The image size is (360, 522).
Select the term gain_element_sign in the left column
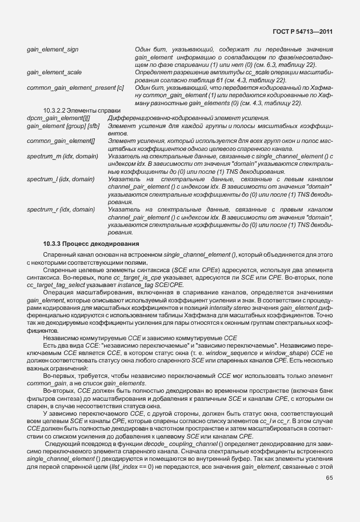click(x=53, y=50)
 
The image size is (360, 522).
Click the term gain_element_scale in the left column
click(x=54, y=73)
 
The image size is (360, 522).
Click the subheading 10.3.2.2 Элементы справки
click(x=82, y=110)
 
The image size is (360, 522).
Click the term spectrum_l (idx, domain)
click(x=61, y=179)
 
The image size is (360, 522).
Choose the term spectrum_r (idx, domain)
click(x=61, y=209)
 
